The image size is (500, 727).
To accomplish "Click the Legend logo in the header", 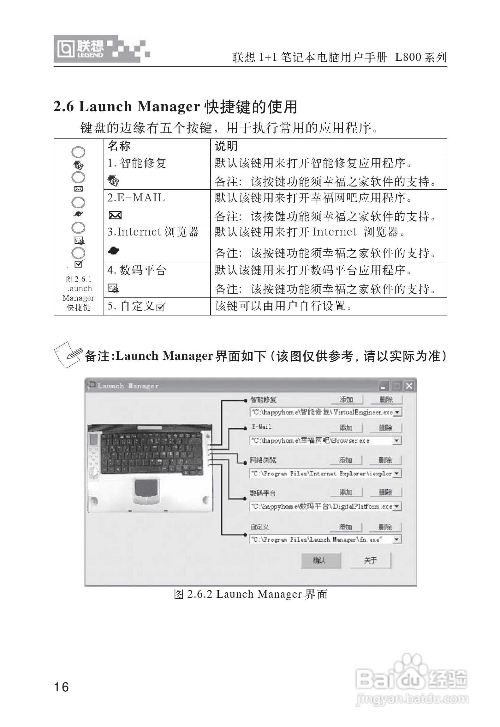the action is coord(102,49).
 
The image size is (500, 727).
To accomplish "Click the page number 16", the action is coord(62,687).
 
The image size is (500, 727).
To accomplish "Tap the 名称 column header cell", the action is coord(157,146).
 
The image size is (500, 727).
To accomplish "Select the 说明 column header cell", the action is coord(328,146).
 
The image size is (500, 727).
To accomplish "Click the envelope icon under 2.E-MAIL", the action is coord(115,215).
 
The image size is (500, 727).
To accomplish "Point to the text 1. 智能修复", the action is coord(137,163).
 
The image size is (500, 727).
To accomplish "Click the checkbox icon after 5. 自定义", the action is coord(160,307).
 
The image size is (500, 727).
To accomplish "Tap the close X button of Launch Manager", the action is coord(409,386).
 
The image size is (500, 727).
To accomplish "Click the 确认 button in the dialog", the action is coord(321,560).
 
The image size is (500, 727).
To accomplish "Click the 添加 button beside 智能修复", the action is coord(347,400).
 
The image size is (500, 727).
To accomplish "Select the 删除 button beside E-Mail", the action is coord(386,428).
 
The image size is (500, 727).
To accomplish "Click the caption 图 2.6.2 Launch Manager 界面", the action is coord(251,595).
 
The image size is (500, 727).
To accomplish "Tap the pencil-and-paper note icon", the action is coord(68,354).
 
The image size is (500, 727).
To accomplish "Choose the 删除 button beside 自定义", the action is coord(385,527).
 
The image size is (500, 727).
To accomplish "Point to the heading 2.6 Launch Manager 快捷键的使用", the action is coord(175,107).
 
